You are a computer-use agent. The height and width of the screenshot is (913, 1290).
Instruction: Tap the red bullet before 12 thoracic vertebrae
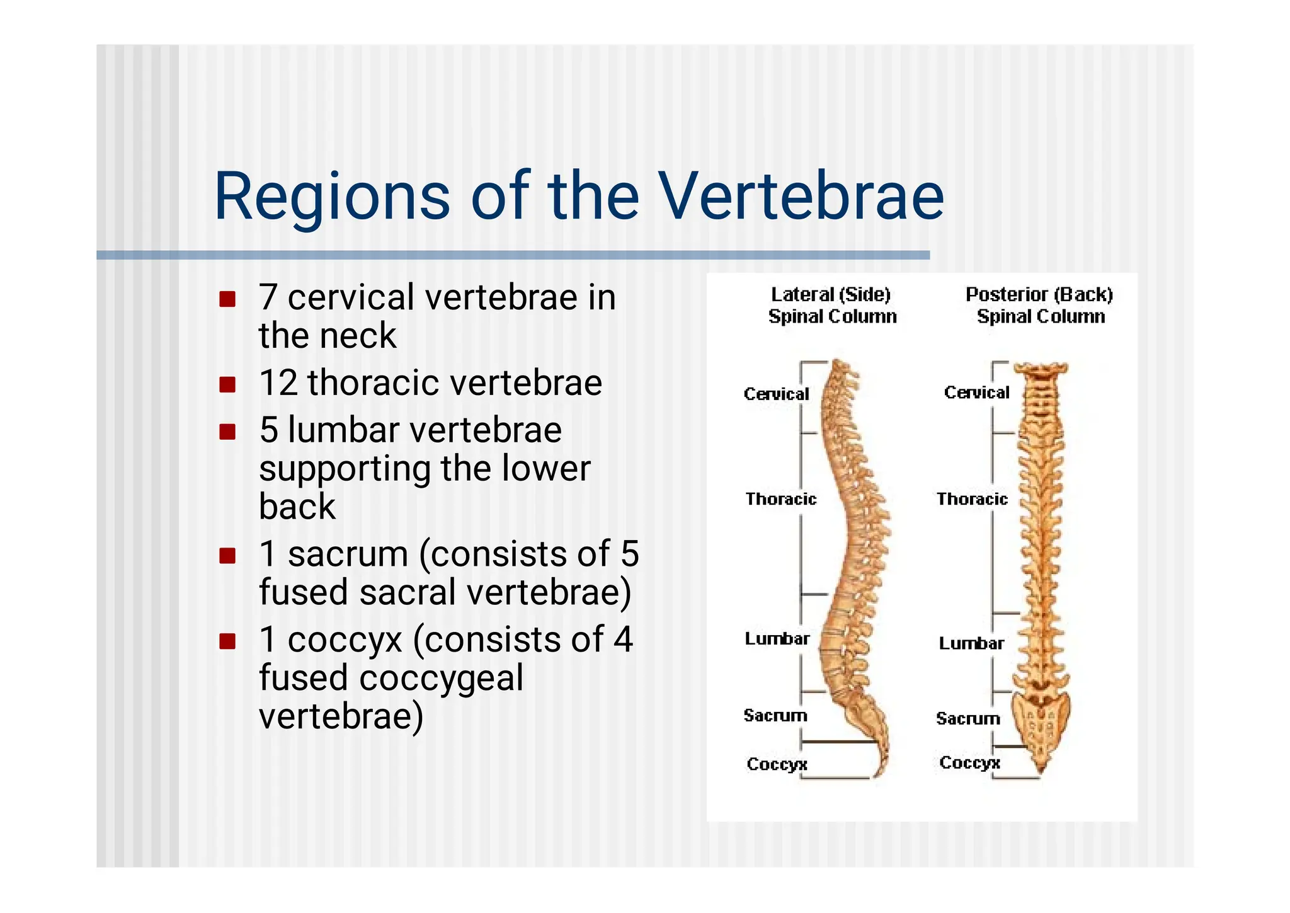pyautogui.click(x=227, y=384)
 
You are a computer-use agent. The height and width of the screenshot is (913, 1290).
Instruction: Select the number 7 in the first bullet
pyautogui.click(x=268, y=297)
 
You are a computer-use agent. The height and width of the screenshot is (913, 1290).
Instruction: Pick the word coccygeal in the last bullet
pyautogui.click(x=441, y=678)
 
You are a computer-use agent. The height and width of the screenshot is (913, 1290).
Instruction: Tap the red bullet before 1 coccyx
pyautogui.click(x=227, y=641)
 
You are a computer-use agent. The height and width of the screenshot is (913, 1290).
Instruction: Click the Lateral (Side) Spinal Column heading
pyautogui.click(x=831, y=305)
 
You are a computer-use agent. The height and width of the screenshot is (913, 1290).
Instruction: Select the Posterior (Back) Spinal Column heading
pyautogui.click(x=1039, y=305)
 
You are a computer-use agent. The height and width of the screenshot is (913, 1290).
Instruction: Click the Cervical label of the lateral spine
pyautogui.click(x=776, y=394)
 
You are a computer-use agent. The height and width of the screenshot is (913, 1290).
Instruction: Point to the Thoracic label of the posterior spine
pyautogui.click(x=972, y=499)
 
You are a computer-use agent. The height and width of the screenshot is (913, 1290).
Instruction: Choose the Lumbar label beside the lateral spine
pyautogui.click(x=777, y=639)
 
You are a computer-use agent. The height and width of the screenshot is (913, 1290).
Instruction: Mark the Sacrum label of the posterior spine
pyautogui.click(x=967, y=718)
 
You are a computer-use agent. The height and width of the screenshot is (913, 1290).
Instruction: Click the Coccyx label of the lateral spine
pyautogui.click(x=777, y=764)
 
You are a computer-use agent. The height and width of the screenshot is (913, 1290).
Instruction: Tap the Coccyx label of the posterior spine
pyautogui.click(x=969, y=762)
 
